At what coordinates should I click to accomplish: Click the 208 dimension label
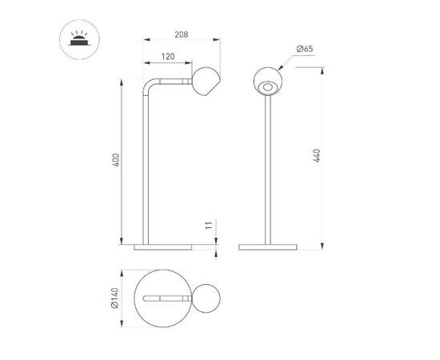tap(181, 35)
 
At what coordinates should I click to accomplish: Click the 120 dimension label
tap(167, 56)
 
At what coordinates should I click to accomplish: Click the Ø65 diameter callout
tap(304, 50)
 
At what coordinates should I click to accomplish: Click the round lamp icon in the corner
tap(80, 39)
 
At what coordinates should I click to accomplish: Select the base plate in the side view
tap(164, 245)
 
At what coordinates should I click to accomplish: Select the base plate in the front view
tap(267, 245)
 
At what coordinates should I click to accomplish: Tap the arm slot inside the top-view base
tap(166, 298)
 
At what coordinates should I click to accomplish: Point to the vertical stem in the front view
tap(267, 168)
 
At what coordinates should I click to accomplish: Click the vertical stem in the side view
tap(146, 168)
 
